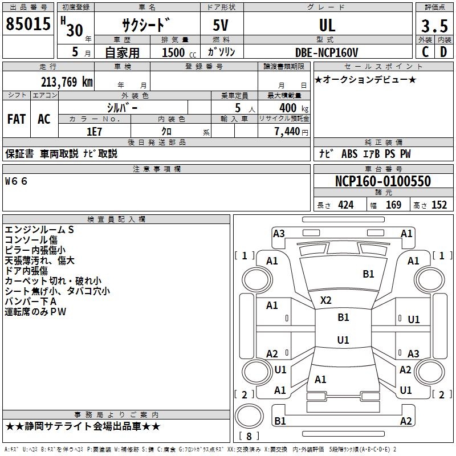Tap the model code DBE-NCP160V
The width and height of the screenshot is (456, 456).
pos(327,52)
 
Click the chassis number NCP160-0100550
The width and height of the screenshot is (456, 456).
pos(383,182)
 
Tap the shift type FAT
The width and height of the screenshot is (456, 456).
pos(17,119)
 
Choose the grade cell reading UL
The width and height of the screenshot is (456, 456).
pos(327,26)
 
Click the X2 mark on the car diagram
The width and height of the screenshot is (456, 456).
pos(326,300)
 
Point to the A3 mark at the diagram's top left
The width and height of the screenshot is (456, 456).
pos(279,233)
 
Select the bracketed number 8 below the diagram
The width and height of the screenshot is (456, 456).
pos(248,436)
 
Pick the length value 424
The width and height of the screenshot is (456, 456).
pos(345,205)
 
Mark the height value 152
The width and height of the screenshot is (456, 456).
pos(439,205)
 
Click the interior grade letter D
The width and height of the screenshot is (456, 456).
pos(443,52)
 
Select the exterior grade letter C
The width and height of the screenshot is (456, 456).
pos(425,52)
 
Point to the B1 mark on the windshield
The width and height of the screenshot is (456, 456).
pos(369,274)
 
